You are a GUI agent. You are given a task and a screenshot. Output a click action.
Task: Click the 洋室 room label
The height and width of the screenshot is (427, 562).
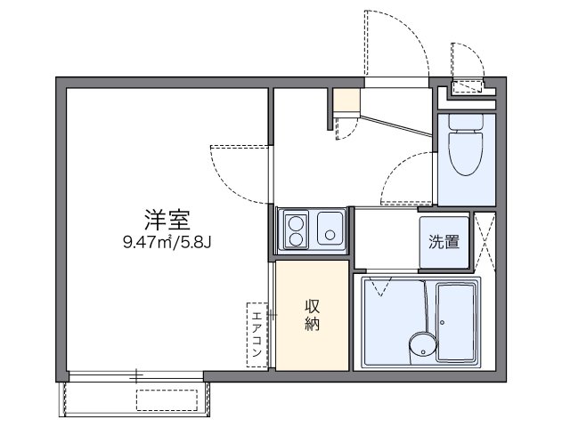[167, 218]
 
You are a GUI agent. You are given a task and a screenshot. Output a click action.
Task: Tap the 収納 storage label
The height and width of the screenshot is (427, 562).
[313, 315]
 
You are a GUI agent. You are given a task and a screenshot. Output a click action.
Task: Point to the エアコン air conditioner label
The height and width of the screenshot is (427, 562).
[257, 334]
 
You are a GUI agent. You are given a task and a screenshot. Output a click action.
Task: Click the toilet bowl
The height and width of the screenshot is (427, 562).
[464, 153]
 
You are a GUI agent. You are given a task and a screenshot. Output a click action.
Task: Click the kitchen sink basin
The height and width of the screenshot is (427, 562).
[330, 230]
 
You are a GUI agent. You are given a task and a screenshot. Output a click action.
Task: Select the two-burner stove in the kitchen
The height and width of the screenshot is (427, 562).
[294, 230]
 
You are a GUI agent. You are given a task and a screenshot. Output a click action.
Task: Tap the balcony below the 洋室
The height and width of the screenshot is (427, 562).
[134, 394]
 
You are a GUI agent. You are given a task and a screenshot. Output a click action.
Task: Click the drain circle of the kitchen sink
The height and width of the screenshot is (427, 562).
[330, 237]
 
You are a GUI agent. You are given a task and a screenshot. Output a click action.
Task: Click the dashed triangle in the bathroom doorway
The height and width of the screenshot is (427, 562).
[381, 287]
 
